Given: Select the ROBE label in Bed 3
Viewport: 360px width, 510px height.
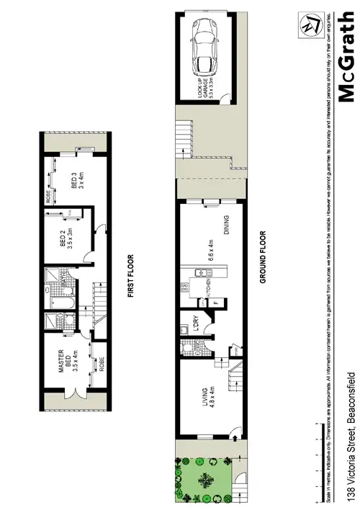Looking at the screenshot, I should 48,197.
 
